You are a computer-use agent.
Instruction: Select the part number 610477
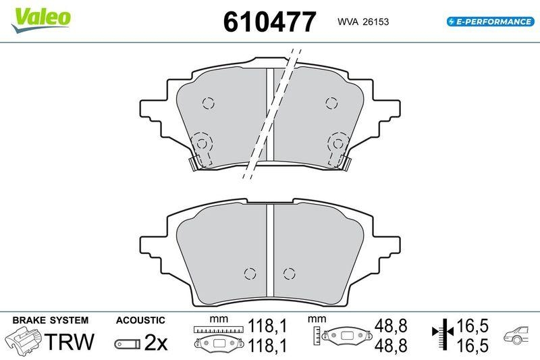coord(269,22)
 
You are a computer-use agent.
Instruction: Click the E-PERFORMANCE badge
coord(490,22)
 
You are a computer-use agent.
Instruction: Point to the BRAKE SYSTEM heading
coord(50,319)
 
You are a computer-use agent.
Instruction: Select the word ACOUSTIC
coord(140,319)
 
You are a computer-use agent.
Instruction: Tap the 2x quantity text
coord(155,342)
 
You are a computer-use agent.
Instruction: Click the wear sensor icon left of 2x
coord(126,344)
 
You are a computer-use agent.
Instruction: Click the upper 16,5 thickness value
coord(472,327)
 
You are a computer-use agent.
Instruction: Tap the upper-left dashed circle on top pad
coord(208,103)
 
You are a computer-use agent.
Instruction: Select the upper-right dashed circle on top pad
coord(331,103)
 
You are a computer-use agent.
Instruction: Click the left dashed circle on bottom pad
coord(250,274)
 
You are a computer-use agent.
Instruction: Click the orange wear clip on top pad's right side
coord(345,163)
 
